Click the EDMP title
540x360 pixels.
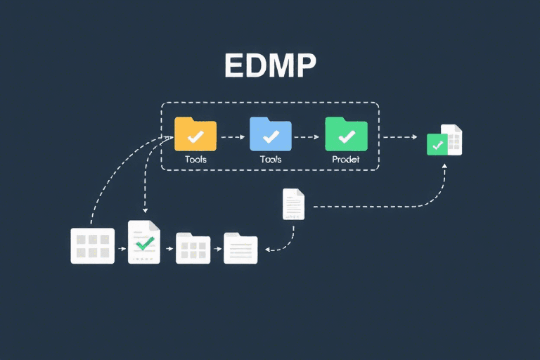[270, 65]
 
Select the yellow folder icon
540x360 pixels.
[195, 134]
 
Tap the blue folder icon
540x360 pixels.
[270, 134]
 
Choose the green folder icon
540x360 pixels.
[346, 134]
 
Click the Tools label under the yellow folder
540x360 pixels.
[195, 160]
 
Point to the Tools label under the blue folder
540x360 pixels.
[271, 160]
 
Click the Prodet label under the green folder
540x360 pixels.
[346, 160]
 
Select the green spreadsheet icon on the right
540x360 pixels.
[444, 141]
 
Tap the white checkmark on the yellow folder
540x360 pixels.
[196, 136]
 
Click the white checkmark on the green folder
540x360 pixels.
[347, 136]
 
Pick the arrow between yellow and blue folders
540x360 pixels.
[233, 137]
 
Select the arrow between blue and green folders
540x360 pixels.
[308, 137]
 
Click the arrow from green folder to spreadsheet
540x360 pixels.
[401, 137]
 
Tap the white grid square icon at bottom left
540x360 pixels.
[92, 245]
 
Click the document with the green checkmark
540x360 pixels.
[144, 243]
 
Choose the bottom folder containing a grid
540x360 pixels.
[193, 247]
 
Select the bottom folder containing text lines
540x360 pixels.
[240, 247]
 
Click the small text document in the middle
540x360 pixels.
[294, 204]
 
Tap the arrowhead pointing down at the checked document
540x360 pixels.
[144, 211]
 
